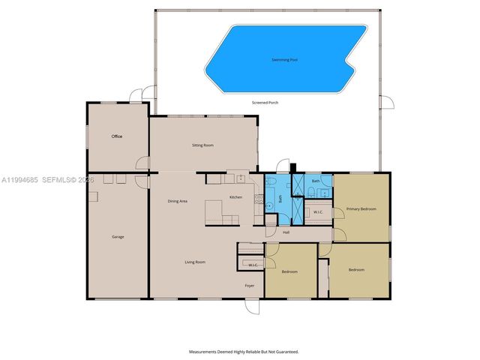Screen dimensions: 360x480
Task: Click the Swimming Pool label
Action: click(x=283, y=59)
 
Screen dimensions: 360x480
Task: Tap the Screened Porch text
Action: click(x=265, y=102)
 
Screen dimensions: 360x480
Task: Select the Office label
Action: click(x=117, y=136)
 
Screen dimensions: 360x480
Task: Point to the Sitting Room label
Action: click(x=202, y=145)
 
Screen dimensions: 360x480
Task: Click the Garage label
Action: click(x=118, y=237)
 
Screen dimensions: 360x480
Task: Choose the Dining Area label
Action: click(x=177, y=201)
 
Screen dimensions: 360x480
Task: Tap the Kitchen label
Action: click(x=235, y=197)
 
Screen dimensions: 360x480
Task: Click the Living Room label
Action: click(x=195, y=262)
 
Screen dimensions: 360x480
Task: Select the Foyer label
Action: click(x=250, y=286)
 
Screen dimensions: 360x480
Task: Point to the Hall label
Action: click(x=286, y=232)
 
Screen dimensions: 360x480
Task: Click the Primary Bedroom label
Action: click(x=361, y=208)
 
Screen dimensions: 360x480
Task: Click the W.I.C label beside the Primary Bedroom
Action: click(x=318, y=211)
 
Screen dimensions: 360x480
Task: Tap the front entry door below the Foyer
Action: click(x=253, y=307)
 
